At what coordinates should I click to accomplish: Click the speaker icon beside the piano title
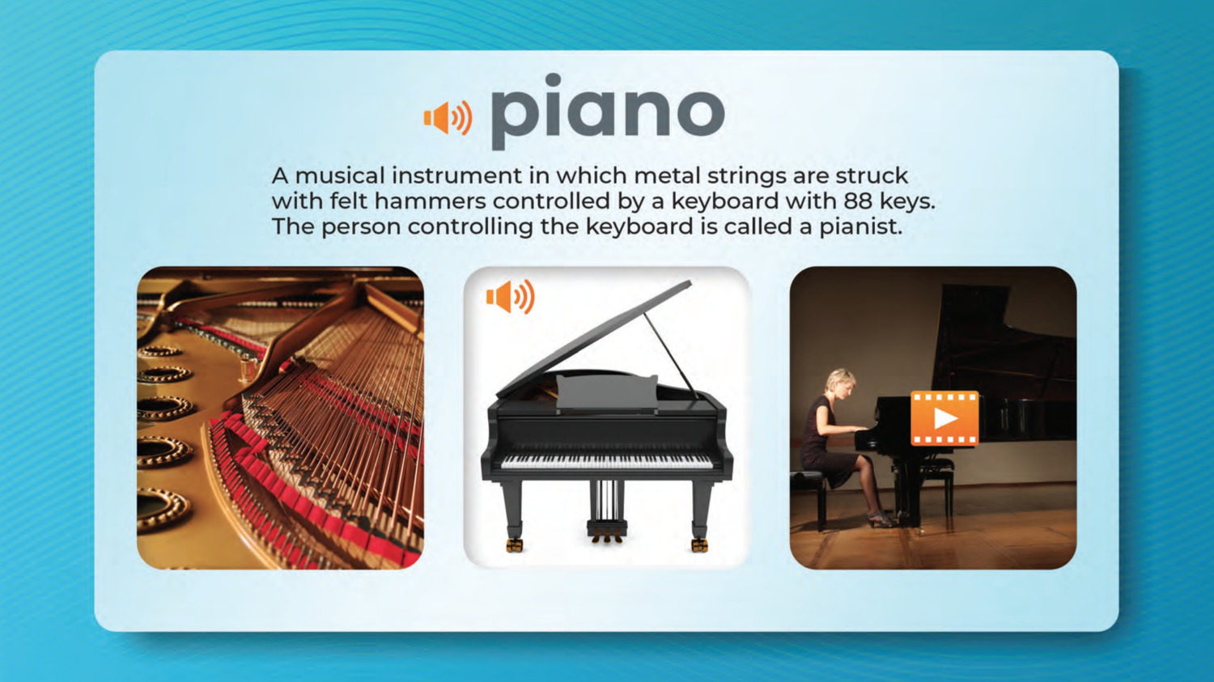coord(448,117)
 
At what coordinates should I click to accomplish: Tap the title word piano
coord(608,111)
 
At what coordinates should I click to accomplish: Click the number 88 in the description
coord(857,201)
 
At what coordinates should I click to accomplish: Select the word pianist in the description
coord(860,227)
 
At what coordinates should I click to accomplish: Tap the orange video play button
coord(944,417)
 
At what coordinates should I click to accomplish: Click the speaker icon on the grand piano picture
coord(511,297)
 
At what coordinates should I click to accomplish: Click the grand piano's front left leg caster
coord(514,544)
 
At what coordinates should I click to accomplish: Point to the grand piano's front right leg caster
coord(699,544)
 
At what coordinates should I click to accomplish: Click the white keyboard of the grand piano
coord(607,461)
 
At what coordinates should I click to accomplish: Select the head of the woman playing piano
coord(840,385)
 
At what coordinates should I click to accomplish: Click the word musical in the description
coord(340,176)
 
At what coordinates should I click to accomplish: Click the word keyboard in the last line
coord(639,227)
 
